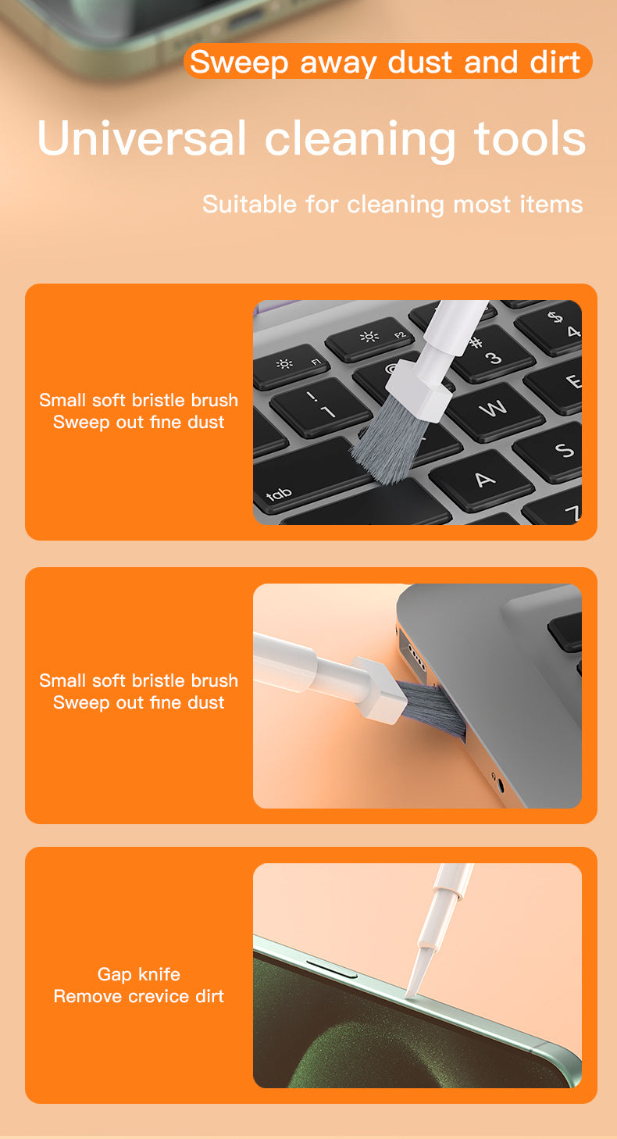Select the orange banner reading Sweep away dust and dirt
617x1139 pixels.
pyautogui.click(x=387, y=61)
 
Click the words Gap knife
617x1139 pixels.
pyautogui.click(x=138, y=974)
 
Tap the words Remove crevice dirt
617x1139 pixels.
pyautogui.click(x=138, y=996)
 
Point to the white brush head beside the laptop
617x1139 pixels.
pyautogui.click(x=377, y=687)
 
